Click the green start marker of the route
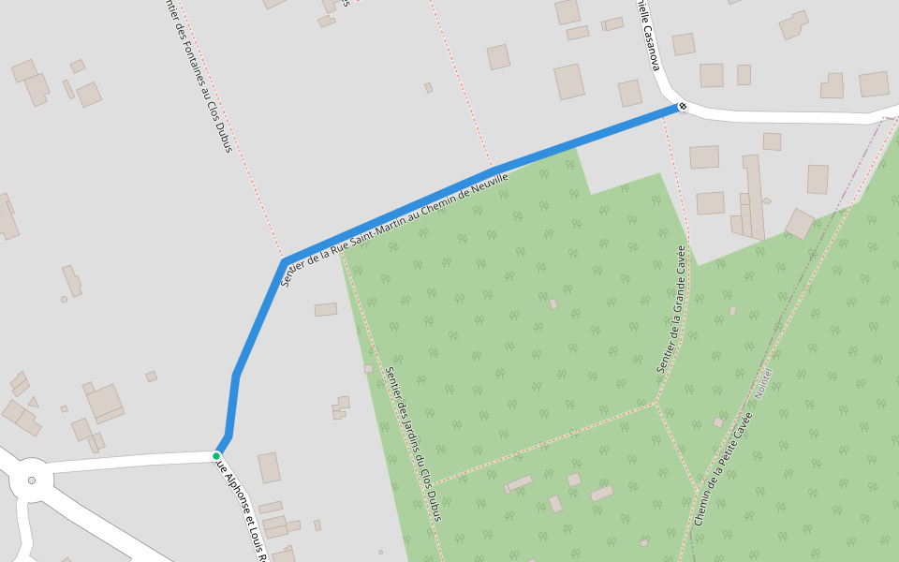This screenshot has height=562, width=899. (216, 456)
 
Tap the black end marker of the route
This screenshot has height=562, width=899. (683, 106)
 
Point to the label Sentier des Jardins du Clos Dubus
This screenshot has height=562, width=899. (412, 443)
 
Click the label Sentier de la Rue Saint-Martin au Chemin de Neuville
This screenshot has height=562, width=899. (394, 229)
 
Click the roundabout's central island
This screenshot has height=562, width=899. (32, 481)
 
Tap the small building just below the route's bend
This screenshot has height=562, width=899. (326, 309)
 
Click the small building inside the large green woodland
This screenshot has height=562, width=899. (553, 304)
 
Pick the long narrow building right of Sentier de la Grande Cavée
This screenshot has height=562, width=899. (753, 197)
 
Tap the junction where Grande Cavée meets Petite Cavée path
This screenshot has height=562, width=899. (656, 404)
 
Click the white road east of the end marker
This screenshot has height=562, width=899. (787, 117)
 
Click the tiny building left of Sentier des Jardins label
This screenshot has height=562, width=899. (368, 369)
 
